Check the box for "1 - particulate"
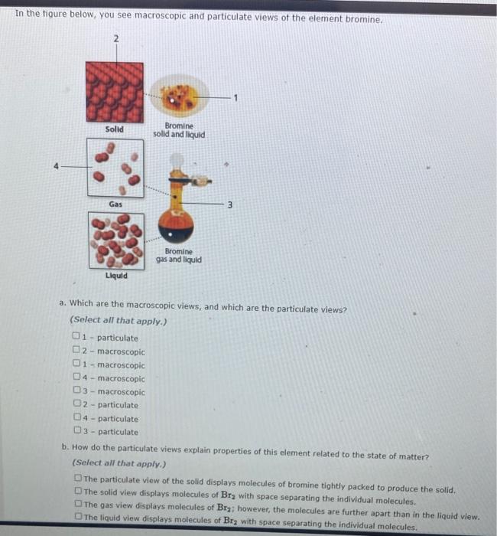click(76, 338)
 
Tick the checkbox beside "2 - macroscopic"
click(76, 351)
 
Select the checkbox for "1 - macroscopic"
click(76, 365)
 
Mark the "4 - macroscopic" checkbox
click(76, 378)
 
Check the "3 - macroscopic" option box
click(76, 392)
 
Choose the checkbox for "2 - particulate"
click(76, 405)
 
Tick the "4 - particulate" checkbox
click(76, 419)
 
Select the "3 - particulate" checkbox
click(76, 432)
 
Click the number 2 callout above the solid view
click(115, 38)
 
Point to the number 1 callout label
click(236, 97)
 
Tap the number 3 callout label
click(229, 204)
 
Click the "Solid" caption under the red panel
click(114, 129)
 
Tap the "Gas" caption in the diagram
click(115, 204)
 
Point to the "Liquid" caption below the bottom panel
click(116, 274)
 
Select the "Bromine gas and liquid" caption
click(178, 255)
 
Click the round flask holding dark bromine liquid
click(176, 226)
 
